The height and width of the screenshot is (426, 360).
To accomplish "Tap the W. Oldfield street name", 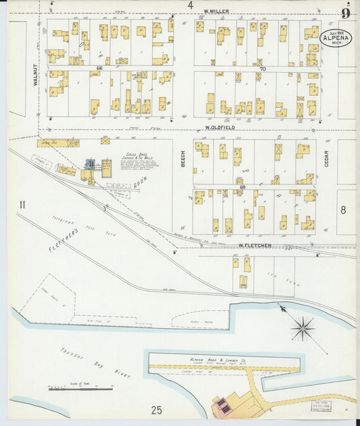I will point(220,127).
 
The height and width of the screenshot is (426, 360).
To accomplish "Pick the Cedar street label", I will point(326,159).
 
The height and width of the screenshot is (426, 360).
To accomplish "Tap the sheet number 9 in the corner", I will point(346,12).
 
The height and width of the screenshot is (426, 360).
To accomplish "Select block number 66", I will point(99,68).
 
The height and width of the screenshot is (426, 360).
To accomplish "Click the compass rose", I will point(302,329).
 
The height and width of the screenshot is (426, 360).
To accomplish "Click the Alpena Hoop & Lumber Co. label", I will point(217,362).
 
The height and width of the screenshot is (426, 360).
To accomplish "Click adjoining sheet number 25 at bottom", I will point(157,410).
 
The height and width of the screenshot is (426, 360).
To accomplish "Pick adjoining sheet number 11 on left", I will point(22,205).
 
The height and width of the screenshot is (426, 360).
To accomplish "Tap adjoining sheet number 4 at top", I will point(190,5).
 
